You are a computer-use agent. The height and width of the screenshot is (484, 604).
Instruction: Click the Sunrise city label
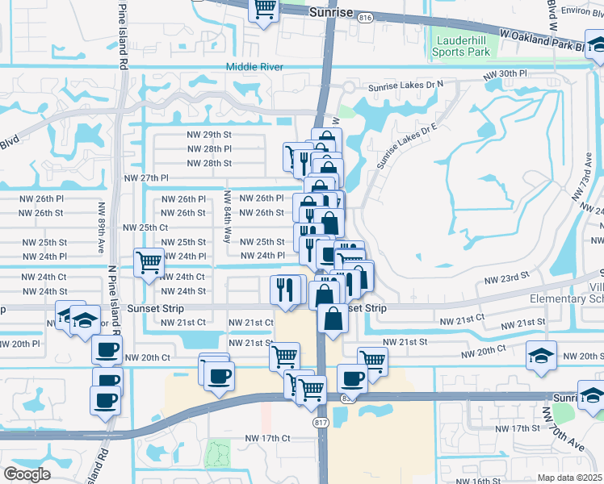click(332, 13)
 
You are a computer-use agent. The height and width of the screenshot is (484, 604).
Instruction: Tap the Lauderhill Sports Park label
click(463, 46)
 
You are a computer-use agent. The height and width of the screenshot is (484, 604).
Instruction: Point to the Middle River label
click(254, 67)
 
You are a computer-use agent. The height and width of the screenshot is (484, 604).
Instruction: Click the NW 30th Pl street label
click(505, 73)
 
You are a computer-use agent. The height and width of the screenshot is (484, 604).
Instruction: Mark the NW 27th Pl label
click(146, 177)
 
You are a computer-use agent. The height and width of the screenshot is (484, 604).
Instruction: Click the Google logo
click(27, 474)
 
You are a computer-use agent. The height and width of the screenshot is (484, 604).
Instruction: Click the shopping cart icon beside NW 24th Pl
click(149, 262)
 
